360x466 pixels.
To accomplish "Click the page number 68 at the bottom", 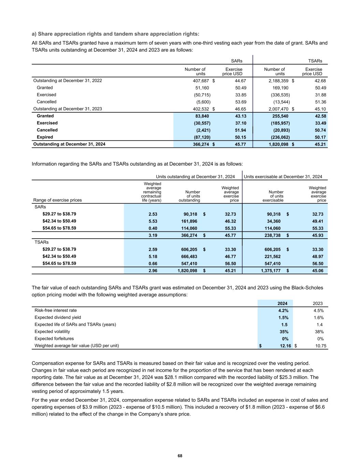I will point(180,456).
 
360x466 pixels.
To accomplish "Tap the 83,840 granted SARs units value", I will point(202,116).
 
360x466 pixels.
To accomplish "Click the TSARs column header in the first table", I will point(315,61).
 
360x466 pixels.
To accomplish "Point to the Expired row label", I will point(45,137).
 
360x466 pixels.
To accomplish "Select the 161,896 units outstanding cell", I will point(189,221).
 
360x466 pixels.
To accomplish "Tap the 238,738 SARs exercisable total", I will point(271,236).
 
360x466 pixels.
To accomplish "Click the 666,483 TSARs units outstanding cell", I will point(189,256).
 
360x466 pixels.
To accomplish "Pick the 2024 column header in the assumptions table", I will point(282,303).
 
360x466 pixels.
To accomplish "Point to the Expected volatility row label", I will point(52,331).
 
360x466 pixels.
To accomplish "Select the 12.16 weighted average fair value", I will point(285,346).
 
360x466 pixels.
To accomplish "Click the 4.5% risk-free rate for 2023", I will point(318,311).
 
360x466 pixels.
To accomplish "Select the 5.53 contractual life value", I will point(153,221).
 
